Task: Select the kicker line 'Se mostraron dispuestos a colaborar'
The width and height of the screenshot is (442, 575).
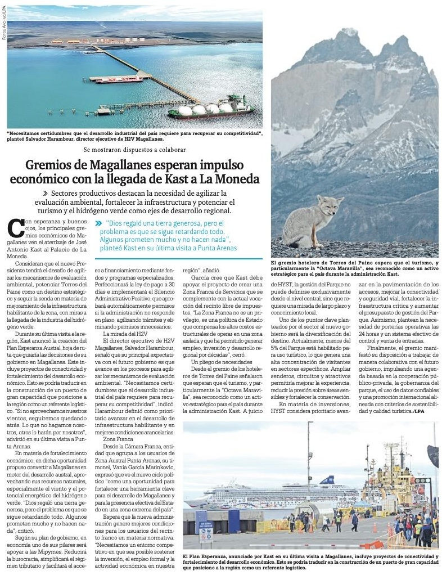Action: click(134, 150)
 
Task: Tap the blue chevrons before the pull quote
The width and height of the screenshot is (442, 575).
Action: click(99, 223)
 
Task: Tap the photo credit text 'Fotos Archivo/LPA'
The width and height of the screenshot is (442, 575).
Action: click(3, 22)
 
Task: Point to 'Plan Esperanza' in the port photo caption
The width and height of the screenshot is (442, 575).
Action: click(205, 556)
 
